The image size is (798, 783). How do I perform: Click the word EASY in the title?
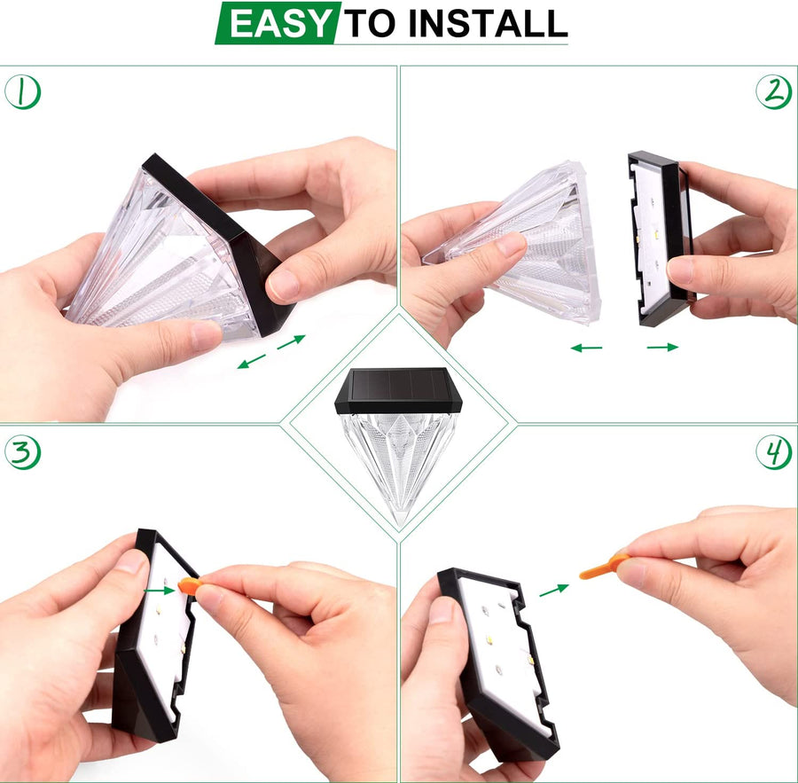click(x=279, y=23)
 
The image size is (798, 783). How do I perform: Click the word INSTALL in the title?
click(x=488, y=23)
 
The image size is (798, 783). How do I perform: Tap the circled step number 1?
click(x=22, y=91)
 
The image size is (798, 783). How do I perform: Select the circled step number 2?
click(x=773, y=91)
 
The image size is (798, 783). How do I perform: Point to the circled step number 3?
click(x=22, y=452)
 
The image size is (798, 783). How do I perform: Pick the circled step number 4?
click(x=773, y=452)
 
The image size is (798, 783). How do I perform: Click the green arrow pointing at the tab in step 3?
click(x=160, y=591)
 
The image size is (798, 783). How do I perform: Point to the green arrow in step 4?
click(x=553, y=590)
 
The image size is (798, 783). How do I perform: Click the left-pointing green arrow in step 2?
click(x=586, y=348)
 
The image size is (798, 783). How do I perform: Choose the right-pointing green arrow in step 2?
click(x=662, y=348)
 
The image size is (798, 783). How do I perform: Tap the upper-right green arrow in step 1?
click(x=291, y=342)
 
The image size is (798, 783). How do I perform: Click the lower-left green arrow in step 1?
click(x=252, y=361)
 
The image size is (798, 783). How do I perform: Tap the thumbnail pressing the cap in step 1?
click(x=283, y=286)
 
